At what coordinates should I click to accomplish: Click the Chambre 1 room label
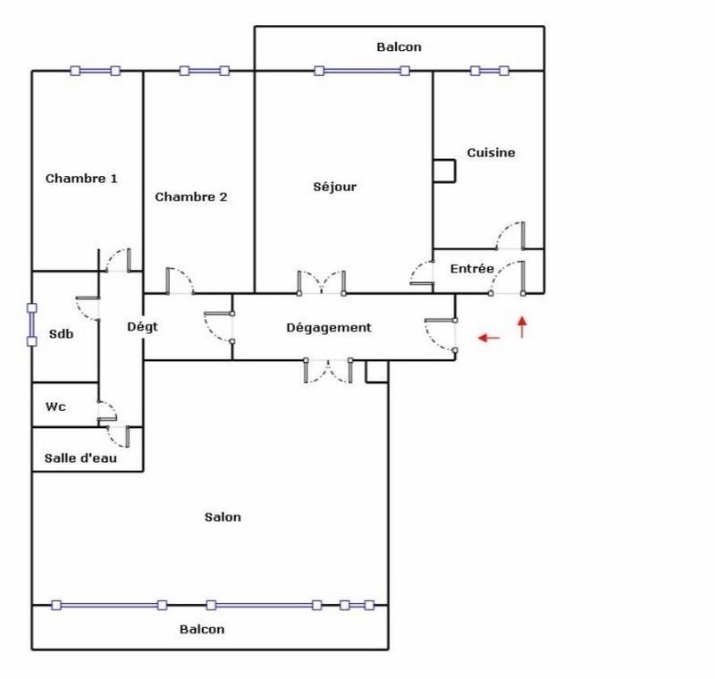(81, 179)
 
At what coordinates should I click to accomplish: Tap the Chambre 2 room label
(191, 197)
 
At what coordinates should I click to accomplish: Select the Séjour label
(335, 187)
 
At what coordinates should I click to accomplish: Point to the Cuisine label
(491, 153)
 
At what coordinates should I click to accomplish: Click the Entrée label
(471, 269)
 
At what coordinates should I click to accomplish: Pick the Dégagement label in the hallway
(328, 328)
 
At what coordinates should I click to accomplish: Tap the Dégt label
(142, 327)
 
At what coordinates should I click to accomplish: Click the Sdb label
(62, 335)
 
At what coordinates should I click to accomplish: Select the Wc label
(55, 407)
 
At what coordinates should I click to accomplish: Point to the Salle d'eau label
(80, 459)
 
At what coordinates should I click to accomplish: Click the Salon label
(223, 517)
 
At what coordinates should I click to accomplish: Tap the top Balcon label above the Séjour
(399, 47)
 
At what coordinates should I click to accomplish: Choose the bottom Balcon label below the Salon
(202, 629)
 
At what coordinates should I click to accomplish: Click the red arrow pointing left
(488, 338)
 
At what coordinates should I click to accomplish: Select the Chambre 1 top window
(95, 71)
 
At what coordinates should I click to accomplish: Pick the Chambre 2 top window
(204, 71)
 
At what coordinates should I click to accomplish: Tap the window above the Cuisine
(489, 71)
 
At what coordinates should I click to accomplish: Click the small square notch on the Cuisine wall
(442, 171)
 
